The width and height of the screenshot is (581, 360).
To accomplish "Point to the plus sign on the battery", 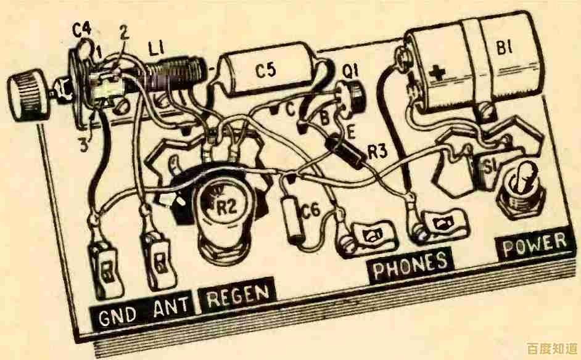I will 439,74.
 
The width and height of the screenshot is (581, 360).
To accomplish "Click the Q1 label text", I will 350,73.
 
